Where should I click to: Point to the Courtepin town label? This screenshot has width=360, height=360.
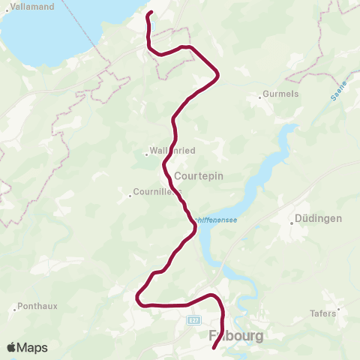[x=199, y=176]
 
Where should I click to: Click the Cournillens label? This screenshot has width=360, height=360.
[x=157, y=192]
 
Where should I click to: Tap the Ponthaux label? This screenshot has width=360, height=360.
[x=36, y=306]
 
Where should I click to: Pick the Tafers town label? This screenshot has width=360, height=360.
[x=324, y=313]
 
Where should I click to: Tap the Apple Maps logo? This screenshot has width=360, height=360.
[x=26, y=347]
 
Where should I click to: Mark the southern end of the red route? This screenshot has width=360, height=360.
[x=214, y=347]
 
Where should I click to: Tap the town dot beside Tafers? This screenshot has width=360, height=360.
[x=339, y=308]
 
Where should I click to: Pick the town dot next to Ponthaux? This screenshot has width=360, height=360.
[x=16, y=307]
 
